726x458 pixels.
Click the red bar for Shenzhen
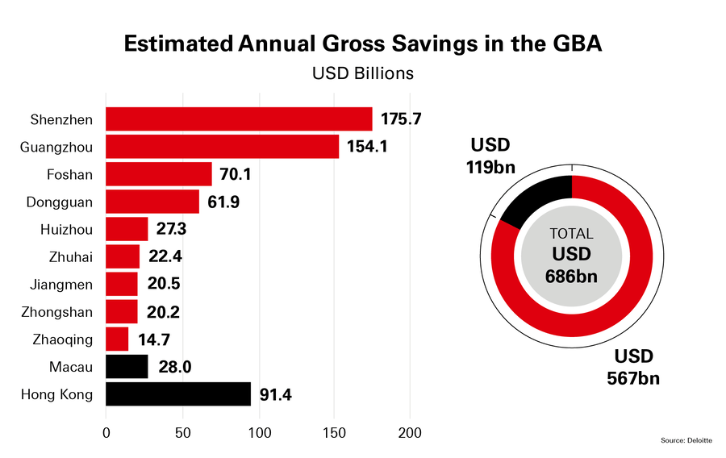[239, 119]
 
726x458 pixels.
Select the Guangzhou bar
[222, 147]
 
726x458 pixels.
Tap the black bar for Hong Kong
[178, 394]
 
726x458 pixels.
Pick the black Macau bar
[127, 367]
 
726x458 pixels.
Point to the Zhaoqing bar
[117, 339]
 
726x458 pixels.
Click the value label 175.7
[401, 119]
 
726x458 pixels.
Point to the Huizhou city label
[66, 230]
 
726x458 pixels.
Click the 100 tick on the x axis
[260, 433]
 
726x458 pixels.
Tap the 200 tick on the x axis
[411, 433]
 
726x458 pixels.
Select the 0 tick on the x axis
[106, 433]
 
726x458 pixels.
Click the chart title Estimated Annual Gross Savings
[362, 44]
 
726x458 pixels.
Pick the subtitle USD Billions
[362, 73]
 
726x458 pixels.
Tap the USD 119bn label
[490, 156]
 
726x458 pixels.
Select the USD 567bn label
[634, 367]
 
